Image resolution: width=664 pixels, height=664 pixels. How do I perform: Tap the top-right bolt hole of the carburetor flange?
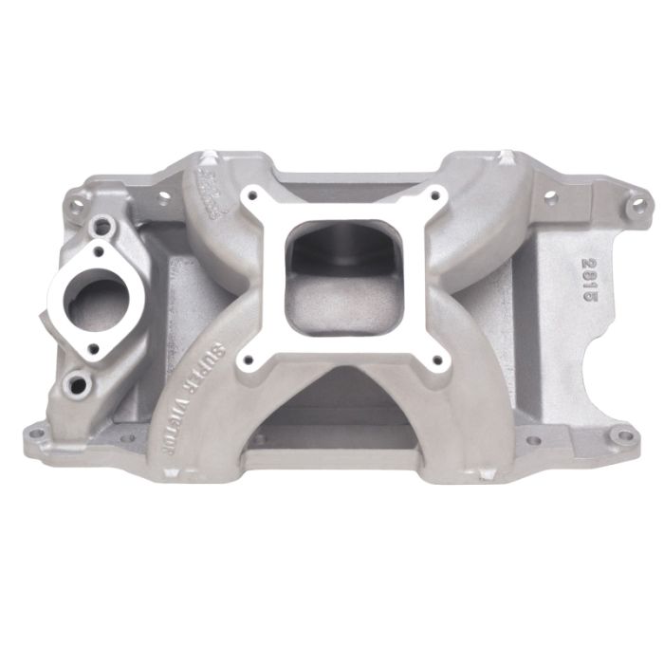pyautogui.click(x=436, y=197)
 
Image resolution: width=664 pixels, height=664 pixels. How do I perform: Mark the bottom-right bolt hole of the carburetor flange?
pyautogui.click(x=439, y=359)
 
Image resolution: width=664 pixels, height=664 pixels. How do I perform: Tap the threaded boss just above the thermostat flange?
pyautogui.click(x=101, y=228)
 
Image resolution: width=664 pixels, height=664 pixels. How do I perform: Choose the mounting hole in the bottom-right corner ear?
pyautogui.click(x=620, y=436)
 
